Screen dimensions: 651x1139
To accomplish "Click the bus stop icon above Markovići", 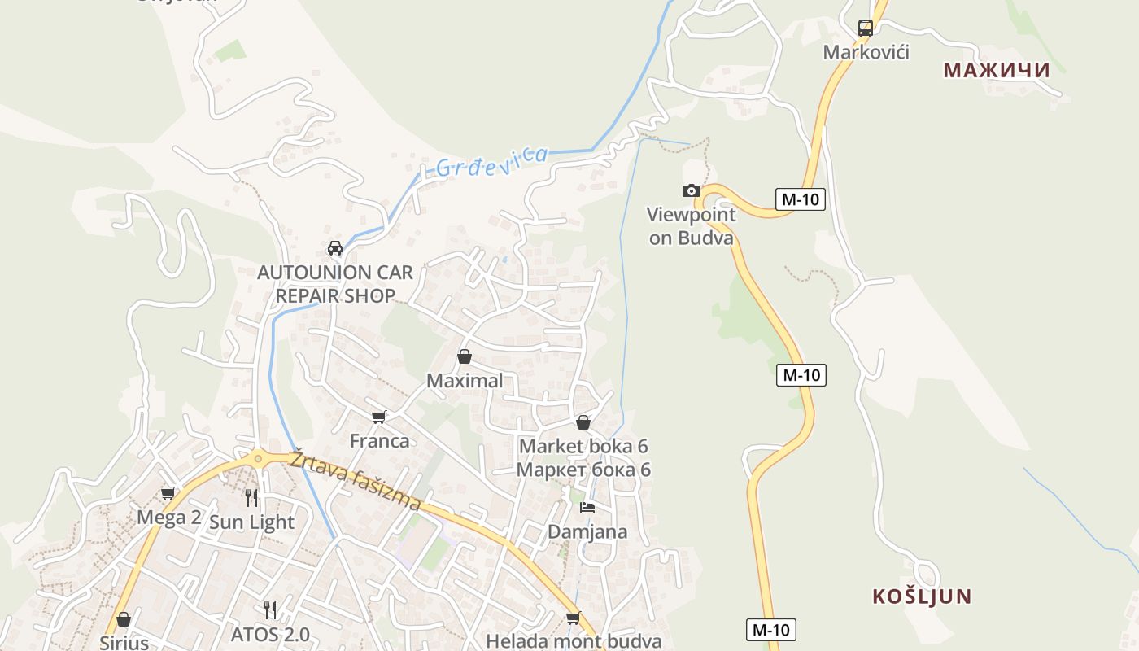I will [x=866, y=28].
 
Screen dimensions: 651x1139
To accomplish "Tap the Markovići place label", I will [x=866, y=52].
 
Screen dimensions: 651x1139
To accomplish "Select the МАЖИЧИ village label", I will [x=997, y=70].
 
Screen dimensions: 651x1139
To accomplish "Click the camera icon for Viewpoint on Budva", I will [x=691, y=190].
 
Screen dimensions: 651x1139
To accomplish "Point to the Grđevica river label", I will [x=491, y=159].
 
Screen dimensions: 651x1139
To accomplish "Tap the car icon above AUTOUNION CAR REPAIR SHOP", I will [x=334, y=248].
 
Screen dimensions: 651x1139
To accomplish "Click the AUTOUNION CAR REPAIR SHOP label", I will [x=335, y=283].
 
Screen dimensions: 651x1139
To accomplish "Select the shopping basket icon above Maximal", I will [x=465, y=356].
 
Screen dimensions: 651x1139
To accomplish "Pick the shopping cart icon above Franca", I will [x=378, y=417].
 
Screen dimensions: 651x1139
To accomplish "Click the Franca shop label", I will [x=379, y=441].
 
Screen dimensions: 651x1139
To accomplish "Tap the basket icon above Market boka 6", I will [x=583, y=422].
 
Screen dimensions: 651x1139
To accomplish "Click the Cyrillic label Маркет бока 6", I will [x=583, y=470].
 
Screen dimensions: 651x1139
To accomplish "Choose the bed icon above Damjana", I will [x=587, y=508].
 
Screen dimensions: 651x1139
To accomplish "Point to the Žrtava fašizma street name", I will [x=356, y=481].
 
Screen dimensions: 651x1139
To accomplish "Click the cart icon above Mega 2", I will [x=168, y=493].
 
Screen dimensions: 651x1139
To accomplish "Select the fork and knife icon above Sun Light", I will [x=251, y=497].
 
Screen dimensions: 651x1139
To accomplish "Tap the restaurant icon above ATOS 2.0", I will [x=270, y=609].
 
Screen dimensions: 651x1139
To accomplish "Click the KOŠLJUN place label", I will [x=922, y=596].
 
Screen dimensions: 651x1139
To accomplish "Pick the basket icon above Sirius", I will [x=124, y=619].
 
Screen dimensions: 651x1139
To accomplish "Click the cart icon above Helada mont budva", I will [x=574, y=618].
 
